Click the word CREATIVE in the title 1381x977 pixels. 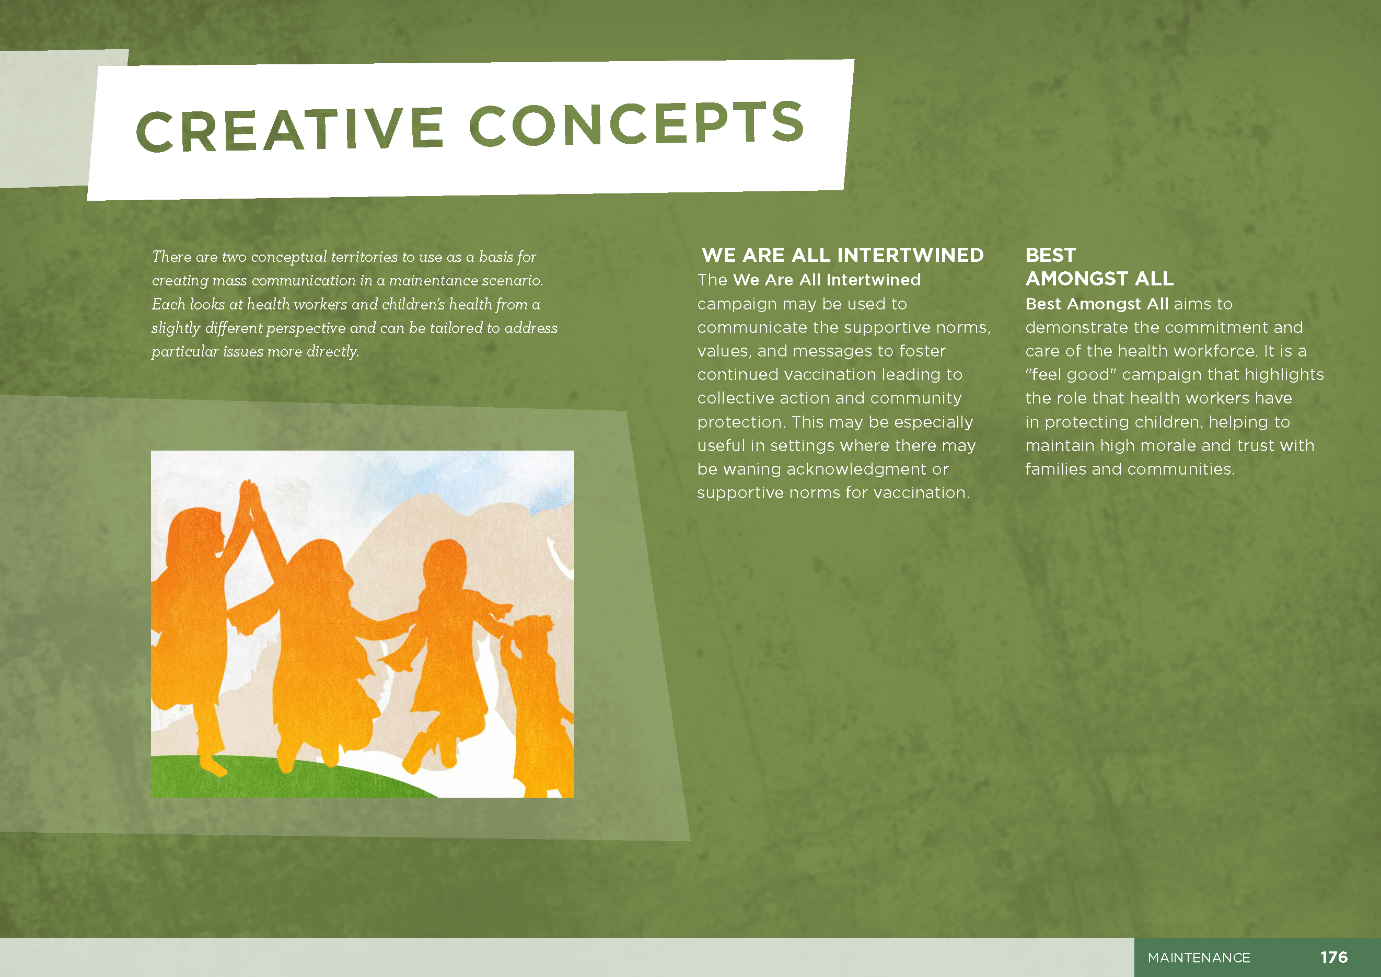click(x=290, y=129)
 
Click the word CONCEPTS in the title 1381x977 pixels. click(x=636, y=123)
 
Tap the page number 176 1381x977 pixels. click(x=1333, y=957)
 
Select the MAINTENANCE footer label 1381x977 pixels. click(x=1198, y=957)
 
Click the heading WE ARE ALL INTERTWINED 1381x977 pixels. click(x=842, y=255)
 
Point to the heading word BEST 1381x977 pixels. click(x=1050, y=255)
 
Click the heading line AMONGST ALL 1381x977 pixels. click(x=1099, y=279)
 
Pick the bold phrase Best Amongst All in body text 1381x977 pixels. click(x=1097, y=304)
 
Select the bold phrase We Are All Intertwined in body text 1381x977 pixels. click(x=827, y=280)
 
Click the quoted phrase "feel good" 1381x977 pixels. click(x=1071, y=375)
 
